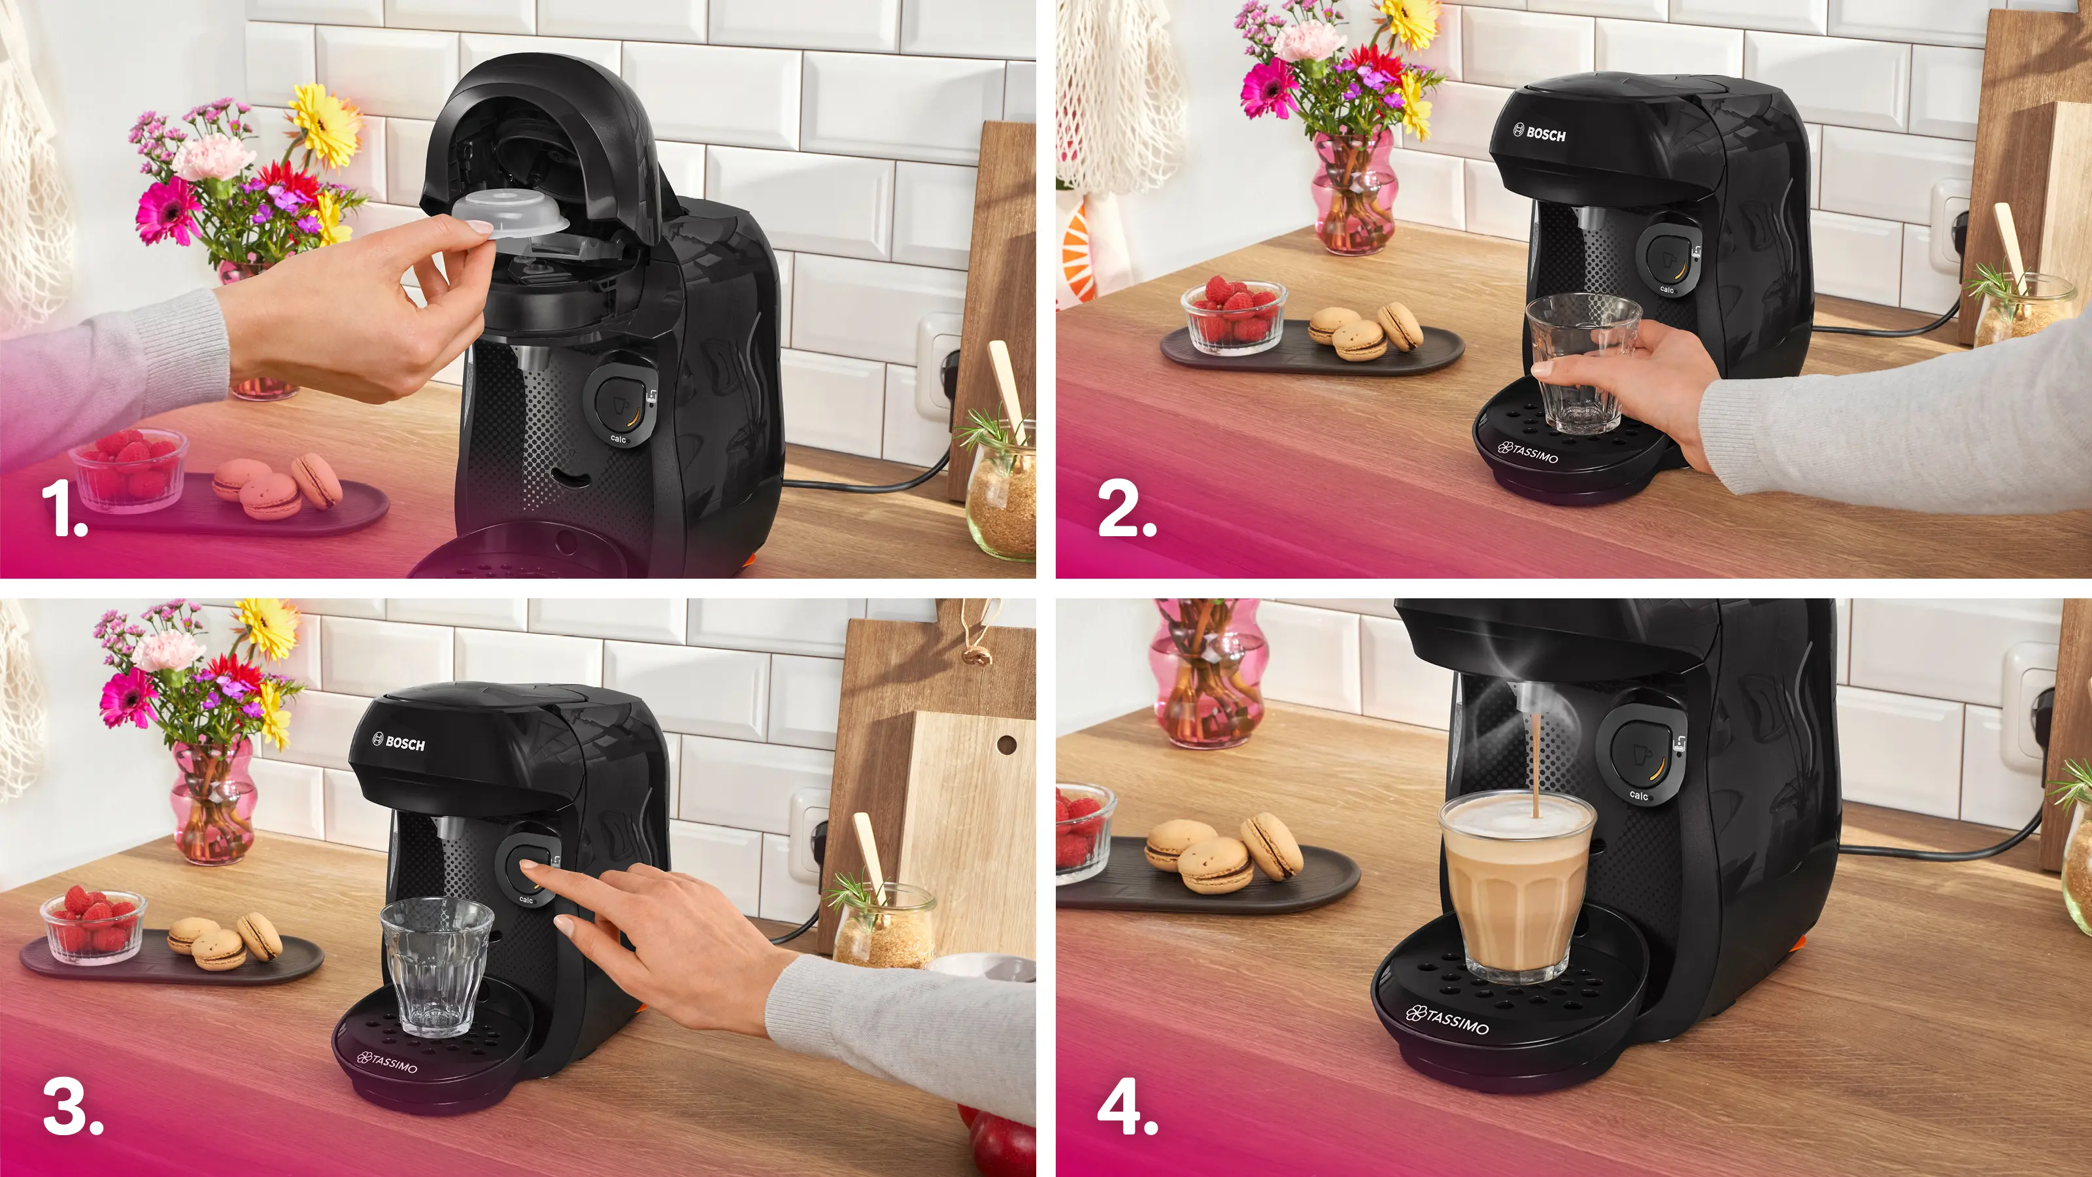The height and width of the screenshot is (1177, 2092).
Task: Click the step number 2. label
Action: coord(1126,509)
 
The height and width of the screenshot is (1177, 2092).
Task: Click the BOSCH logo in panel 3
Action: coord(399,742)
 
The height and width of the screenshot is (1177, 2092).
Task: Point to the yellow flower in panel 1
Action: coord(326,127)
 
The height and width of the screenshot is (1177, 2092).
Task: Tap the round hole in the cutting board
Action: coord(1006,744)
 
